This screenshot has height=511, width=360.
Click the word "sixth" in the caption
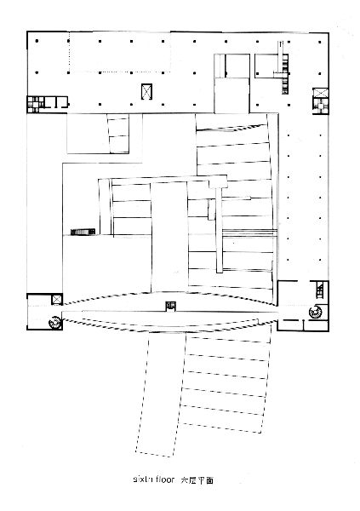coord(142,479)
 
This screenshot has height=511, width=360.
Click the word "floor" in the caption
coord(165,479)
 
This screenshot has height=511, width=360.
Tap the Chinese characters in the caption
coord(197,479)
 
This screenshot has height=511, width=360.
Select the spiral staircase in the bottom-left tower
coord(55,323)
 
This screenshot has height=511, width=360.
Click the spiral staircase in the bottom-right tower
coord(316,312)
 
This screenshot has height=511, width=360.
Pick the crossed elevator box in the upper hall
coord(146,92)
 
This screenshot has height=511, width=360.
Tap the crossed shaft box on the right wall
coord(321,92)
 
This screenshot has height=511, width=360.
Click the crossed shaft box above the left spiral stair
coord(57,299)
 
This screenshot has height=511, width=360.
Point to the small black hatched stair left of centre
coord(83,232)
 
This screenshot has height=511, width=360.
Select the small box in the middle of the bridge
coord(171,307)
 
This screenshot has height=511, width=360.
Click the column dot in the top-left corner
coord(37,41)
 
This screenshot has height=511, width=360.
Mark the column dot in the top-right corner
coord(320,42)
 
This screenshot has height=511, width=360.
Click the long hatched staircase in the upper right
coord(284,67)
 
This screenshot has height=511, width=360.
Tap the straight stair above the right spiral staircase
coord(320,290)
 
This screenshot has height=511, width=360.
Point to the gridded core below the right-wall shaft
coord(321,106)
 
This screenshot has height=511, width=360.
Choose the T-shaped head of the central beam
coord(218,182)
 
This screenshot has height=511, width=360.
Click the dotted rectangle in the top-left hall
coord(120,52)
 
